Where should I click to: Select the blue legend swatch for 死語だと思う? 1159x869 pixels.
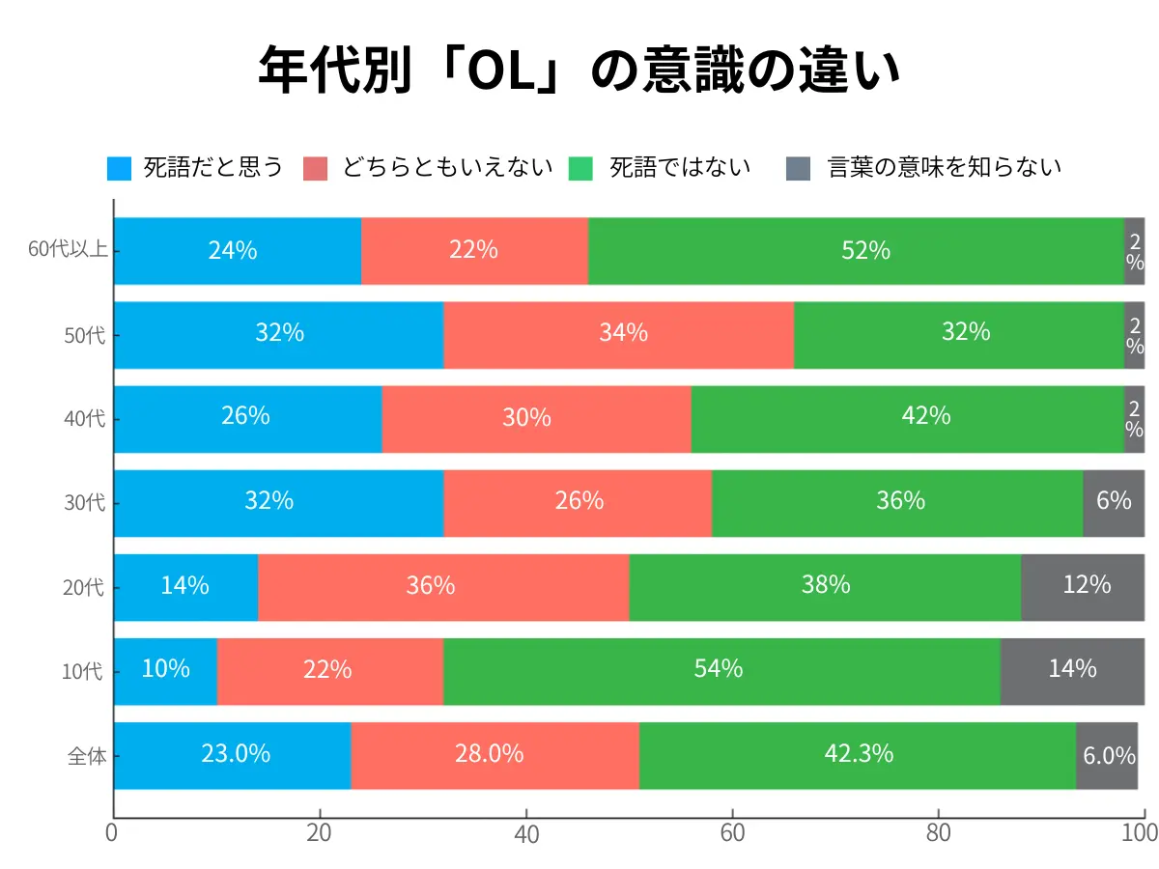[x=119, y=168]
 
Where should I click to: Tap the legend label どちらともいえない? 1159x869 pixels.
[x=447, y=167]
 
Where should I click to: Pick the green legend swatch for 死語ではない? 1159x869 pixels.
[x=581, y=168]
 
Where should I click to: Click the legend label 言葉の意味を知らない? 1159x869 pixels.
[x=945, y=167]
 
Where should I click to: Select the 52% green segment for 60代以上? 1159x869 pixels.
[x=856, y=251]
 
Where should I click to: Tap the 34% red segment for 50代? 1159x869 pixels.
[x=618, y=334]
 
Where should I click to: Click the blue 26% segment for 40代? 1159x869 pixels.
[x=247, y=418]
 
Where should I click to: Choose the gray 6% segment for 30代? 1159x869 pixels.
[x=1113, y=502]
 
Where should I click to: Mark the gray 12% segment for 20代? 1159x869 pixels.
[x=1082, y=586]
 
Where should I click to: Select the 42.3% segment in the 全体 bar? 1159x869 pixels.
[x=858, y=755]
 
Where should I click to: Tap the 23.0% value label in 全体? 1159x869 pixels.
[x=236, y=754]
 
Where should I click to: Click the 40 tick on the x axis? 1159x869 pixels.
[x=525, y=833]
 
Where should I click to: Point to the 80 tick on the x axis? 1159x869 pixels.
[x=938, y=833]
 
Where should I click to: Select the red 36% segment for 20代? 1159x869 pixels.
[x=442, y=586]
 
